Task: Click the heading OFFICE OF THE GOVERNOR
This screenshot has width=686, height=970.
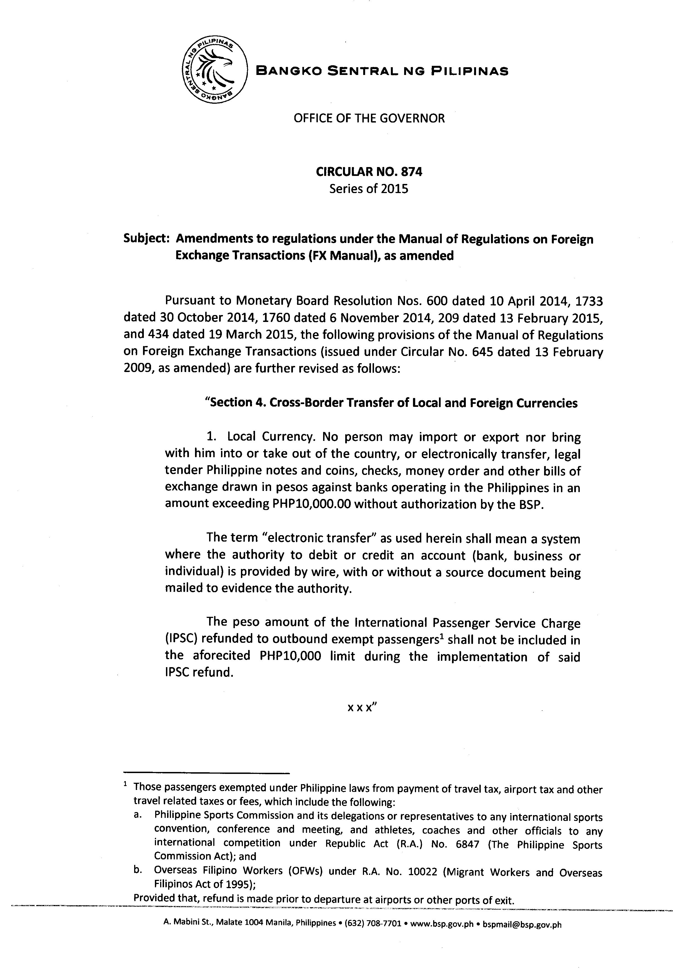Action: (x=369, y=118)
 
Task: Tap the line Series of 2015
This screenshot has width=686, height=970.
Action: (x=369, y=189)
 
